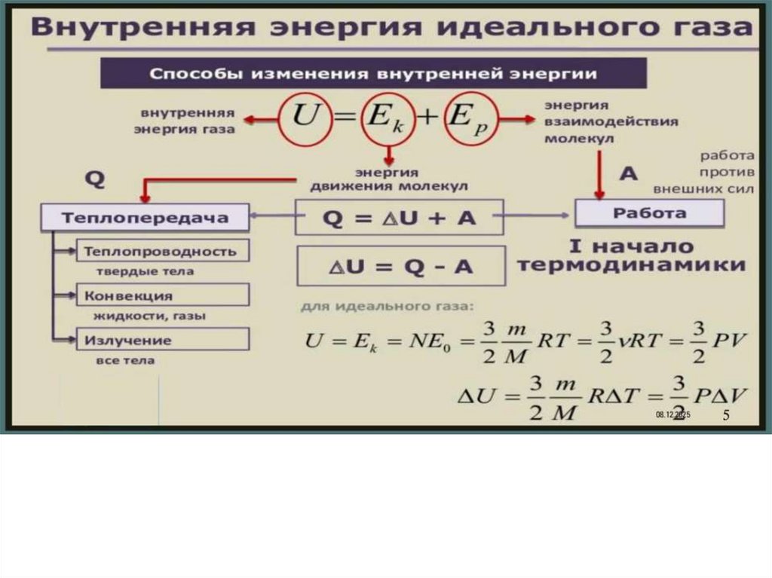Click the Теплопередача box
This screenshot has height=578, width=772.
tap(145, 219)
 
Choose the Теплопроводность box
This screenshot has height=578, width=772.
tap(162, 251)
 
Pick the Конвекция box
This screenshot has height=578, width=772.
tap(162, 295)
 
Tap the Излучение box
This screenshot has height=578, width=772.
tap(162, 340)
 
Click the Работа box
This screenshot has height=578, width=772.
tap(649, 214)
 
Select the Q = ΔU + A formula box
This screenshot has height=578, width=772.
tap(400, 219)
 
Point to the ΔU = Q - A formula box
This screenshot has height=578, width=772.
tap(400, 266)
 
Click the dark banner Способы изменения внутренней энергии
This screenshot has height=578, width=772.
tap(373, 74)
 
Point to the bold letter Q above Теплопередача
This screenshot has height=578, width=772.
tap(93, 179)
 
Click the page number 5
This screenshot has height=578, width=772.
tap(726, 416)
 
